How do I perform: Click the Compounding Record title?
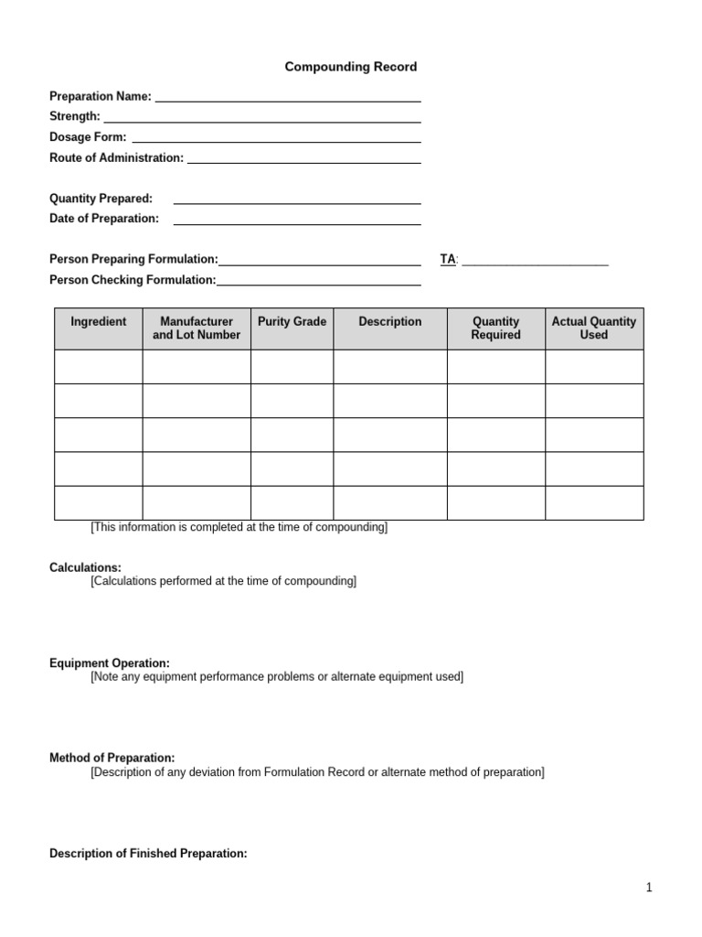click(x=351, y=67)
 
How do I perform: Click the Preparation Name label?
click(x=101, y=96)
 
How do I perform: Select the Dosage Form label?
click(x=88, y=137)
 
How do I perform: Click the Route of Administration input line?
click(x=303, y=159)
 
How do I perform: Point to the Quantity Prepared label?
click(x=101, y=199)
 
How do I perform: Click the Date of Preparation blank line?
click(x=297, y=221)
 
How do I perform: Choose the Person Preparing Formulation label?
click(x=133, y=260)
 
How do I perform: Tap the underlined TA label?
click(x=448, y=260)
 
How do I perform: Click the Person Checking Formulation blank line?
click(x=319, y=283)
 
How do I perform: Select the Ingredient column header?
click(x=99, y=322)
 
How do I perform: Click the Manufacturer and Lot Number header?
click(x=197, y=328)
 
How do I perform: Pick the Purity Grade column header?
click(x=292, y=322)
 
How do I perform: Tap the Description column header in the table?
click(x=390, y=322)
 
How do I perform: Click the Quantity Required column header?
click(x=496, y=328)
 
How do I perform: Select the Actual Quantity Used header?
click(x=594, y=328)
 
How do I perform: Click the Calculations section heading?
click(x=85, y=568)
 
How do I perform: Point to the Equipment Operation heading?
click(x=109, y=663)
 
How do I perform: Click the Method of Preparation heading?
click(x=112, y=759)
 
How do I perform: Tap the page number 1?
click(x=649, y=888)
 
